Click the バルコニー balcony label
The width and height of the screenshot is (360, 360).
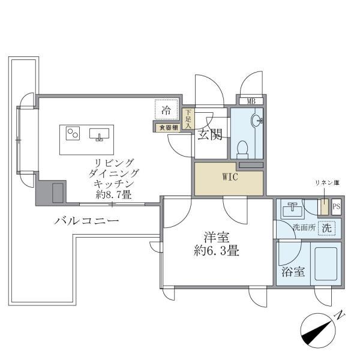[86, 221]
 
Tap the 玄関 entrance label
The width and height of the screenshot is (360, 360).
[209, 135]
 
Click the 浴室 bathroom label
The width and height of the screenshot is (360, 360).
[293, 271]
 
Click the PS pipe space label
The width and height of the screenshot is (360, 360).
[336, 207]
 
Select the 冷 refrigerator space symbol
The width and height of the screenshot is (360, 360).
[167, 110]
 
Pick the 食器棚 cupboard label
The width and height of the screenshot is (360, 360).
[167, 127]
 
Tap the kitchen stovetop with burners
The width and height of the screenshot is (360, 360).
[73, 133]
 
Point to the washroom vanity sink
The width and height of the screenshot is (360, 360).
[294, 209]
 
